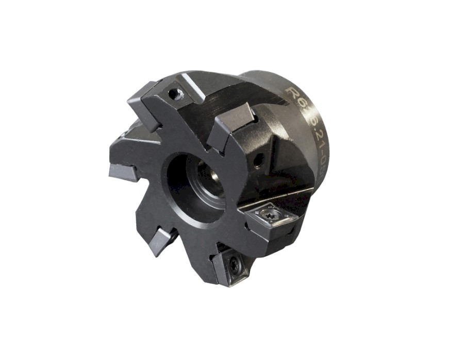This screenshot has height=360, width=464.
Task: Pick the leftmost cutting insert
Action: (x=123, y=172)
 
